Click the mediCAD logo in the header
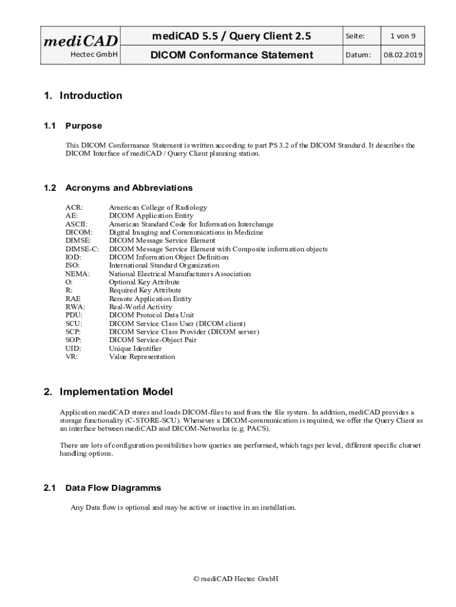[81, 40]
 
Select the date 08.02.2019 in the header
[403, 55]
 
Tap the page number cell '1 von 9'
[403, 36]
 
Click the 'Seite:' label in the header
[355, 36]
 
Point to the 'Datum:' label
[358, 55]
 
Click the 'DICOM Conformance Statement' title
[232, 55]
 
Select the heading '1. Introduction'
[83, 95]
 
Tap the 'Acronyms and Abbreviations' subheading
[129, 188]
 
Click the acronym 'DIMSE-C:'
[82, 249]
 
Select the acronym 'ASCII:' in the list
[76, 224]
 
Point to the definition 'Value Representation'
[142, 357]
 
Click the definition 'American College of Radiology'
[158, 207]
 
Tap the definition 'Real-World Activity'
[140, 307]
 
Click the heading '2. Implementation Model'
[108, 392]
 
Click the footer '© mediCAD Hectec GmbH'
[236, 578]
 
